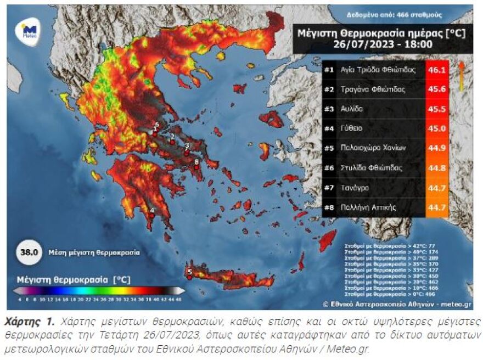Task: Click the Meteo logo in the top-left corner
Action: point(29,31)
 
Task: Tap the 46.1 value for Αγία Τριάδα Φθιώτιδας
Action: point(437,70)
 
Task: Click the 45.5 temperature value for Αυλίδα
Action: point(437,109)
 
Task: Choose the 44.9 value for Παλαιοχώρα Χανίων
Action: point(437,148)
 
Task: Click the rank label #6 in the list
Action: point(329,168)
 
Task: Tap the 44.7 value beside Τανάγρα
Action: point(437,188)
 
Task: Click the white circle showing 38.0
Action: point(29,253)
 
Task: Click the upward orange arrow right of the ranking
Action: point(461,75)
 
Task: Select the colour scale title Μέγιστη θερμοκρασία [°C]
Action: point(74,279)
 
